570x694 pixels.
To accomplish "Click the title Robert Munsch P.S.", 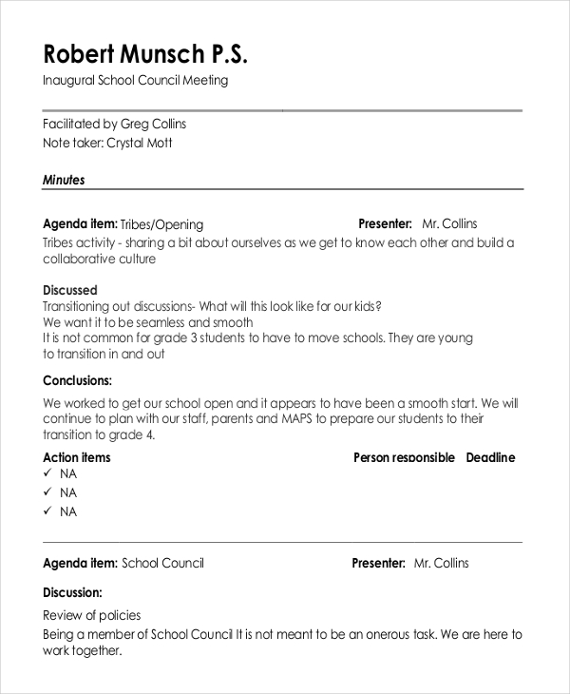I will pos(145,53).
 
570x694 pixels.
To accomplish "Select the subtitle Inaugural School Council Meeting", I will pos(135,81).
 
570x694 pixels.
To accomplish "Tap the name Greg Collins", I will pos(153,124).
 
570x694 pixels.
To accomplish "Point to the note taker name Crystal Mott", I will pos(140,143).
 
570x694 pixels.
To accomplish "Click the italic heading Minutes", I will pos(64,179).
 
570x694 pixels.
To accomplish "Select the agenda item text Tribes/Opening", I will pos(162,224).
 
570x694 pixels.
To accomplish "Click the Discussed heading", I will pos(70,289).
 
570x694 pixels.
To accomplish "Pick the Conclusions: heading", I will pos(78,380).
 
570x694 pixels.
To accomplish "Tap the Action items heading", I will pos(77,457).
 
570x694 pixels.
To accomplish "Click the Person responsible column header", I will pos(404,457).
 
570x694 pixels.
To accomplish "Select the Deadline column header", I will pos(490,457).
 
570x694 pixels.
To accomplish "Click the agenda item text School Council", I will pos(163,563).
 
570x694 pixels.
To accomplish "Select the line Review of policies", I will pos(92,615).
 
